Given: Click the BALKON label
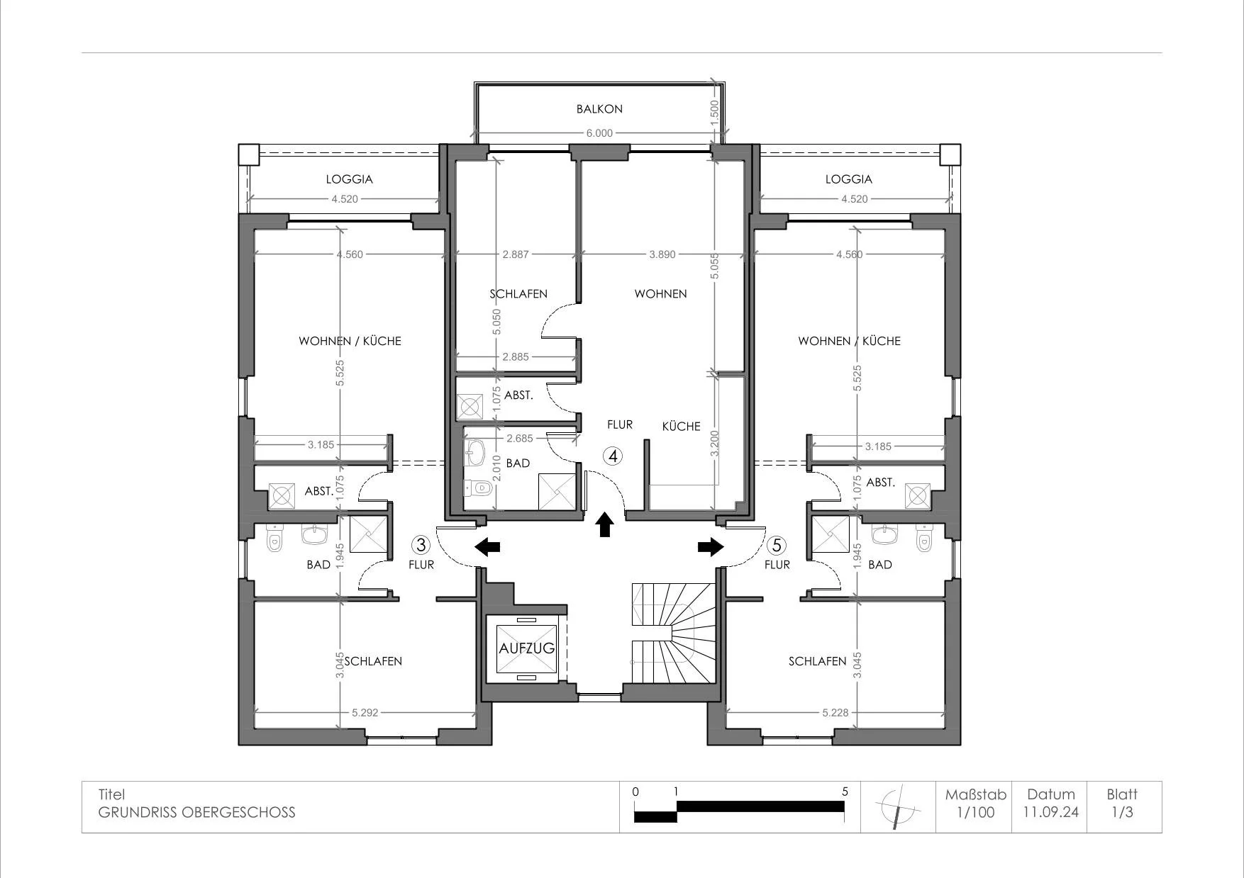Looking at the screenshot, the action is coord(599,109).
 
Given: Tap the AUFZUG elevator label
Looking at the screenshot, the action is coord(527,648).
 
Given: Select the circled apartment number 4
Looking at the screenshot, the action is coord(613,456).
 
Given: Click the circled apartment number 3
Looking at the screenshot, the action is coord(421,545).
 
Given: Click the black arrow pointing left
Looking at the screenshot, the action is coord(487,546).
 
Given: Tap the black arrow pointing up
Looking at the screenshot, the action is coord(605,524).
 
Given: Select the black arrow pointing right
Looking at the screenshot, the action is coord(711,546).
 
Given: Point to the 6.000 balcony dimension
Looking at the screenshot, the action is coord(599,133).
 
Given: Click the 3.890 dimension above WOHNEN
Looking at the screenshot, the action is coord(662,254).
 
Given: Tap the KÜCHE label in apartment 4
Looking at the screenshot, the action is coord(682,427).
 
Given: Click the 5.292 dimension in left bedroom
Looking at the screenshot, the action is coord(365,712).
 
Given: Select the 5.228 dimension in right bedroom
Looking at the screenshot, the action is coord(835,712).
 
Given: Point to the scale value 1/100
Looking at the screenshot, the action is coord(976,812).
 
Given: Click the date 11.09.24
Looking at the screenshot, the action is coord(1051,812).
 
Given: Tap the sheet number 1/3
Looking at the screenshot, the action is coord(1122,812).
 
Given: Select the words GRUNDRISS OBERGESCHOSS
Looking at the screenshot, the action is coord(196,812).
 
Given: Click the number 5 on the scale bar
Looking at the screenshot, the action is coord(845,792).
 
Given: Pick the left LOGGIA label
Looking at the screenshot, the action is coord(350,179).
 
